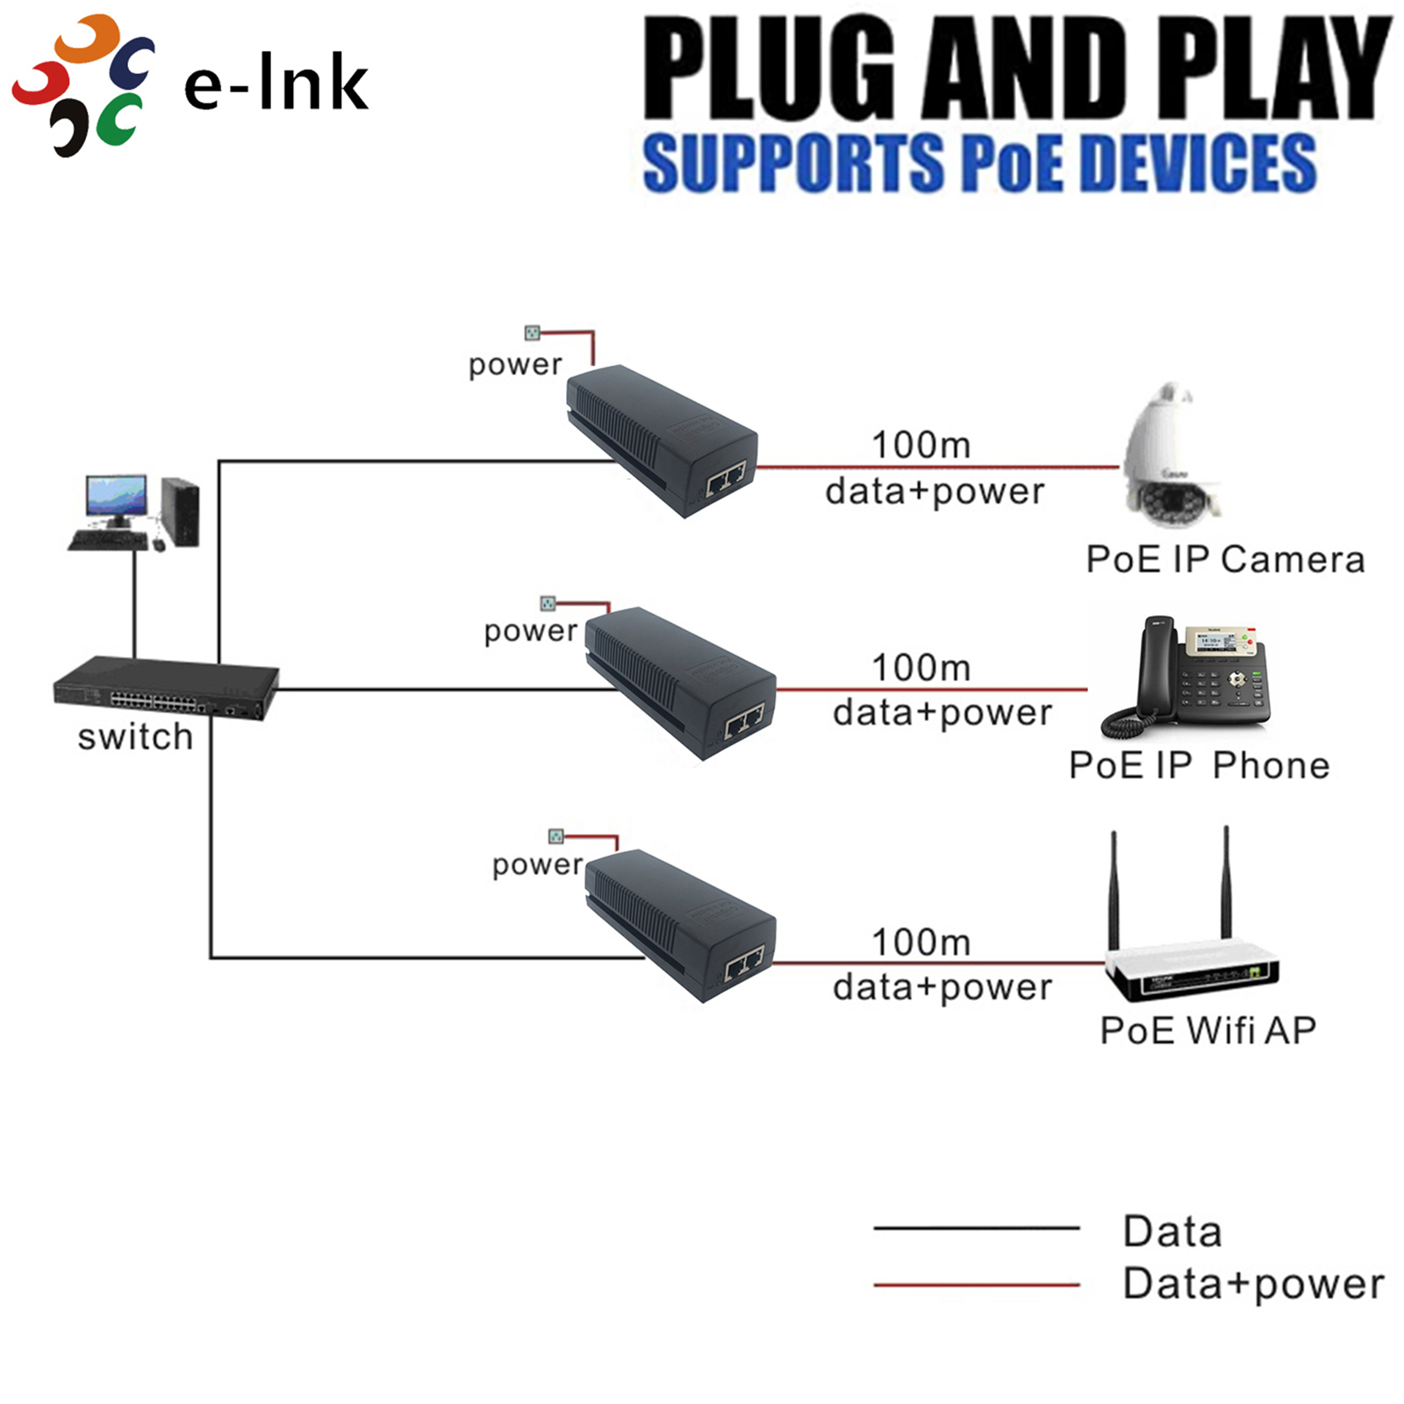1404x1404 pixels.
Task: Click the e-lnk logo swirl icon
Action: click(x=83, y=85)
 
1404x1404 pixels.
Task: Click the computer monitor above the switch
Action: click(x=116, y=498)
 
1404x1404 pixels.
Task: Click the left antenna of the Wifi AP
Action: click(x=1114, y=886)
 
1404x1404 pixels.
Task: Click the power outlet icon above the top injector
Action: click(x=532, y=333)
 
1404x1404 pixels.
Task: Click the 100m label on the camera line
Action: click(x=920, y=445)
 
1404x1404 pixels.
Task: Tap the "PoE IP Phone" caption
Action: click(x=1199, y=765)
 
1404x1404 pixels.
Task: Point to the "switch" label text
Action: click(x=135, y=736)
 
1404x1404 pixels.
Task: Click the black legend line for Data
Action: click(x=976, y=1228)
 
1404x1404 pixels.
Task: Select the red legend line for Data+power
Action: click(x=976, y=1285)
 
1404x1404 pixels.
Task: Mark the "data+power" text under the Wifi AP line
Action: click(x=942, y=987)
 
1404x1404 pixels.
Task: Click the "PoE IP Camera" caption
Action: click(x=1225, y=559)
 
